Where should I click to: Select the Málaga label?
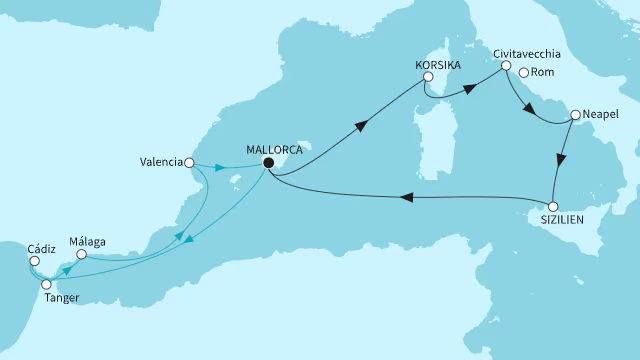87,240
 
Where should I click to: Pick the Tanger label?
60,298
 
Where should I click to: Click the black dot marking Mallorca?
268,161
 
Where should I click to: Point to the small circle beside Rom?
522,72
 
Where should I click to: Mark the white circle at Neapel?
574,115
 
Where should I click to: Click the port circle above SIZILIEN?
553,206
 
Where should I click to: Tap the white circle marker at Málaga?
82,254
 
